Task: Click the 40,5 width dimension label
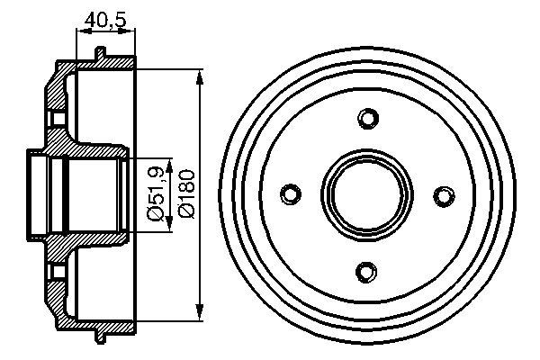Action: [105, 20]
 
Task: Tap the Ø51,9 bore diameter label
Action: [156, 193]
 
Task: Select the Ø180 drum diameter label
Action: [186, 193]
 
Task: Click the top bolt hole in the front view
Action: [368, 119]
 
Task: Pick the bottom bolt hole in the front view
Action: [366, 272]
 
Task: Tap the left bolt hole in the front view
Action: [291, 193]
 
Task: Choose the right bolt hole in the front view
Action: [444, 196]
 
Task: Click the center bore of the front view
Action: [367, 194]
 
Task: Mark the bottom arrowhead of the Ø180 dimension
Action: [199, 312]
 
